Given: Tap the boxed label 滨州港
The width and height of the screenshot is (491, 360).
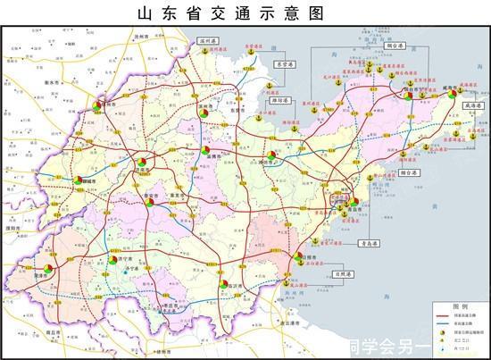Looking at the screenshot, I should (210, 39).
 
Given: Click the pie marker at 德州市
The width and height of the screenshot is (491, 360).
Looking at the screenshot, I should (104, 106).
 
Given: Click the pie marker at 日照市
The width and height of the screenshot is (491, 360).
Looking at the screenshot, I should (299, 258).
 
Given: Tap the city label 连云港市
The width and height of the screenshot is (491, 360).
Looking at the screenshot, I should (285, 332).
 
